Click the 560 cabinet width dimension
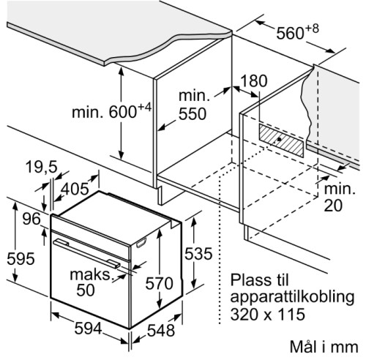click(291, 33)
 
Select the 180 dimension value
click(254, 80)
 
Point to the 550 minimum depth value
click(193, 113)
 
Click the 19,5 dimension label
click(42, 167)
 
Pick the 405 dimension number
click(75, 189)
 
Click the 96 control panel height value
click(31, 219)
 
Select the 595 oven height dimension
click(20, 259)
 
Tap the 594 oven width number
click(88, 328)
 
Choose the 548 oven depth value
click(161, 331)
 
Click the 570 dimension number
click(159, 283)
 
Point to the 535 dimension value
click(198, 254)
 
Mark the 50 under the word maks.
click(86, 290)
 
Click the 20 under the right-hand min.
click(333, 206)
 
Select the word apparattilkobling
click(292, 298)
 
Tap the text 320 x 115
click(268, 314)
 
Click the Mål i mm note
click(324, 347)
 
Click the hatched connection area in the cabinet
click(282, 140)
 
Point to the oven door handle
click(86, 253)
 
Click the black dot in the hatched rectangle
click(279, 139)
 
